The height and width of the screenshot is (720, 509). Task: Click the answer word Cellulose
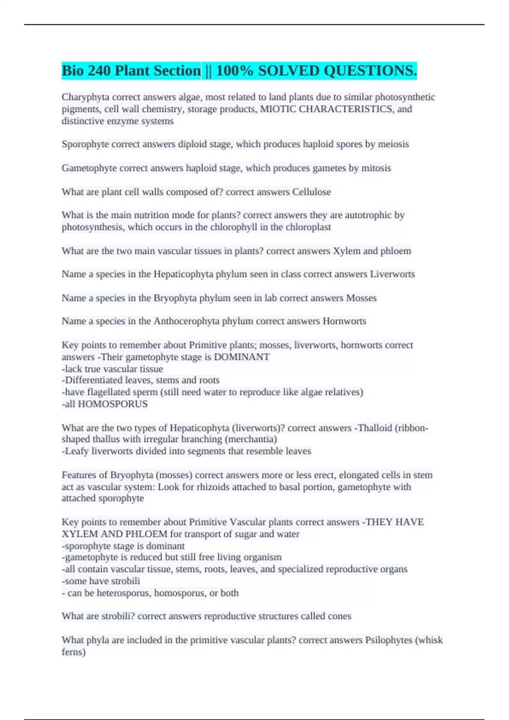pyautogui.click(x=311, y=192)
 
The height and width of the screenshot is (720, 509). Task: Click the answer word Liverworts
pyautogui.click(x=392, y=274)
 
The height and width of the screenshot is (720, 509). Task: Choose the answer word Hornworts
pyautogui.click(x=344, y=321)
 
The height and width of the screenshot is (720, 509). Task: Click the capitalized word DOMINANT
pyautogui.click(x=242, y=357)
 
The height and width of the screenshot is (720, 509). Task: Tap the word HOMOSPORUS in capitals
pyautogui.click(x=113, y=404)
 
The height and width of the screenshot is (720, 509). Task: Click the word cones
pyautogui.click(x=339, y=616)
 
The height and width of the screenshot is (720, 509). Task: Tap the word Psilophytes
pyautogui.click(x=389, y=640)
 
